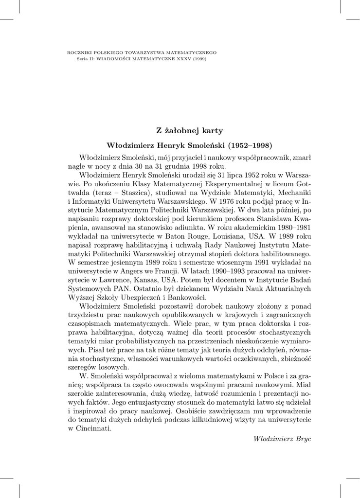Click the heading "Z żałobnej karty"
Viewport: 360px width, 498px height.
pos(189,130)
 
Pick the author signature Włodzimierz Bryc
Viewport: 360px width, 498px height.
pos(282,438)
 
